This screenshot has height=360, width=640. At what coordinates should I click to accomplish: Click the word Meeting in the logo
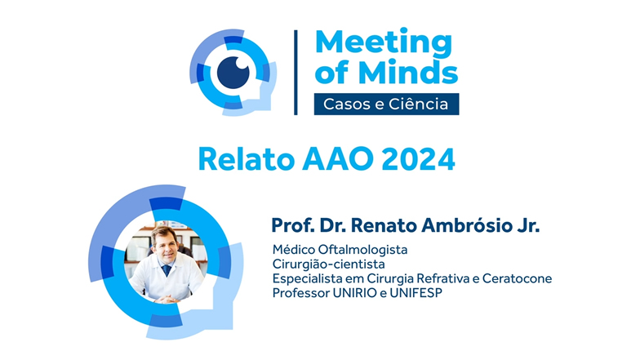click(x=384, y=42)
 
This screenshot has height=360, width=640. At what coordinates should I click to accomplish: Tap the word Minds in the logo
click(x=408, y=73)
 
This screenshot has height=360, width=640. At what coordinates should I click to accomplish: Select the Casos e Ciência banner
click(x=386, y=104)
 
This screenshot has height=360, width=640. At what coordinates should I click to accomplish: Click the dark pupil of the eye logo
click(x=233, y=72)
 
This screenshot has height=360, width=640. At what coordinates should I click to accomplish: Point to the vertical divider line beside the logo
click(x=296, y=72)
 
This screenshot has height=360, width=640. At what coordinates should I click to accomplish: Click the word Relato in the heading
click(x=247, y=158)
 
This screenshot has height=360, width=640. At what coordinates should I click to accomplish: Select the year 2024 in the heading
click(x=418, y=158)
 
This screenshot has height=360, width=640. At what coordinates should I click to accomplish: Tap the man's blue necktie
click(x=167, y=270)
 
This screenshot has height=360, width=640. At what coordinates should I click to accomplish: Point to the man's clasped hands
click(x=167, y=299)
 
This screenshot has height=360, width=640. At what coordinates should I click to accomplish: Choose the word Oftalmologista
click(x=362, y=250)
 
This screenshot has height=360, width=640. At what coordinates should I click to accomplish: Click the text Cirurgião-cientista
click(x=328, y=264)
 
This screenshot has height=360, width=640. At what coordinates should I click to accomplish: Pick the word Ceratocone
click(x=518, y=278)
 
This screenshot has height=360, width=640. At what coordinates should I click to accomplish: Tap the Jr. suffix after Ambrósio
click(x=528, y=225)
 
